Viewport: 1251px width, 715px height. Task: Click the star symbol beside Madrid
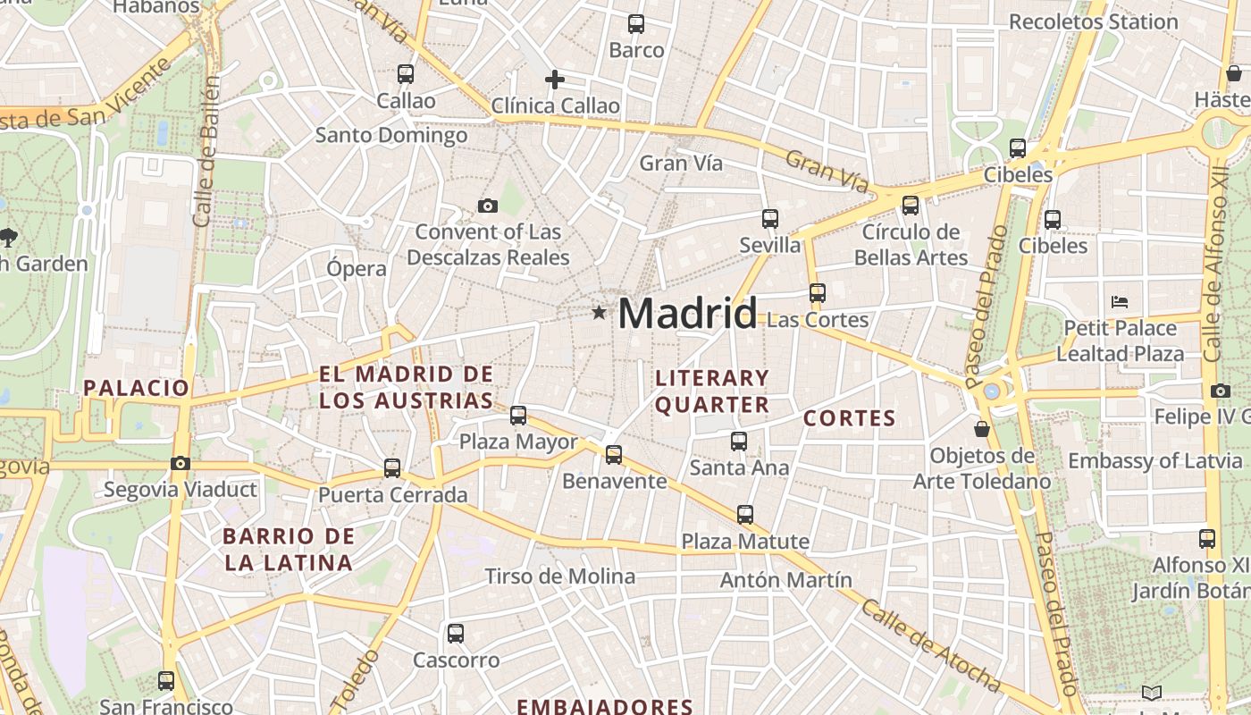599,313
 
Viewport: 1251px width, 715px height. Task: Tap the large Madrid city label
687,314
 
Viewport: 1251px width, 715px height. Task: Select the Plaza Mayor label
518,442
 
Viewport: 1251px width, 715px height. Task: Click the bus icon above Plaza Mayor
518,416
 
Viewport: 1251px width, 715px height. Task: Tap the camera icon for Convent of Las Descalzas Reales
488,206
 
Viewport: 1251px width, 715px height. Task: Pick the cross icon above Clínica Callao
555,80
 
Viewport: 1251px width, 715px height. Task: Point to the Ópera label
357,268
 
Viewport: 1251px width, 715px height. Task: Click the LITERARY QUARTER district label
712,391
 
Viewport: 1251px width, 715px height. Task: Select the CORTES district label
849,418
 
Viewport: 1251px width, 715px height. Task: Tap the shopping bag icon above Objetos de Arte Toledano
982,430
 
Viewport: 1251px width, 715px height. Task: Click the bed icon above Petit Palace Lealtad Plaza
1119,301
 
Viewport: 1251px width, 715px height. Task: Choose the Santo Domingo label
391,136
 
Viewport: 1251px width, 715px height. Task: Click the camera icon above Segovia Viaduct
181,463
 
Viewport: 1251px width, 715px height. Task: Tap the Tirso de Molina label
559,576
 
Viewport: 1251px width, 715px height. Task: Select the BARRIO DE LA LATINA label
289,550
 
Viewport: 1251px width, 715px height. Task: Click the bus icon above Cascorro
456,634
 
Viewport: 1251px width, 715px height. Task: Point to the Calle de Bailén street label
206,152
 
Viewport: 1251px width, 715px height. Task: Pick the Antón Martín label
786,580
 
